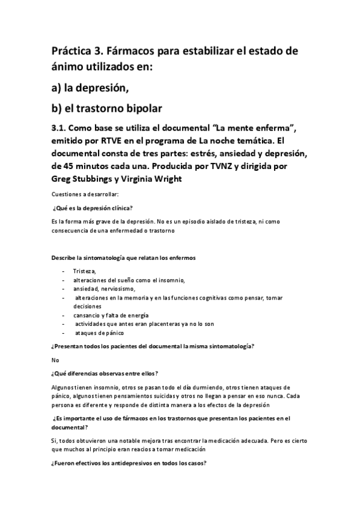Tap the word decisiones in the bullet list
click(87, 306)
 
